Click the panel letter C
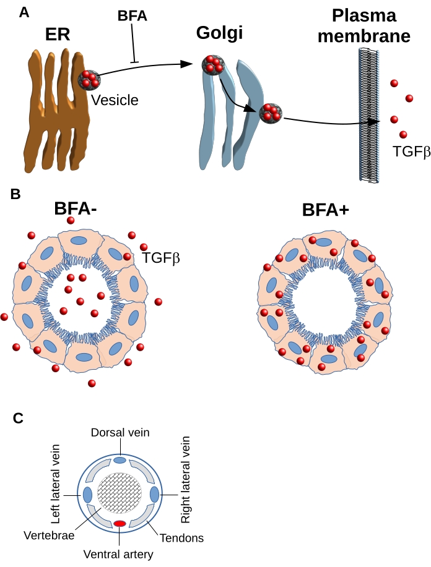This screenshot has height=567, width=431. coord(19,418)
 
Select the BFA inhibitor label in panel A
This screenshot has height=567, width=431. coord(133,16)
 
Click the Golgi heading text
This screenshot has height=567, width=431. coord(219,33)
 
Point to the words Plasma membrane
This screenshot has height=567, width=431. coord(364,26)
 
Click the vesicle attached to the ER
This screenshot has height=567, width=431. coord(90,79)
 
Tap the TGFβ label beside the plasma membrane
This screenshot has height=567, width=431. coord(411,150)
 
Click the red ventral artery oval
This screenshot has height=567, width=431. coord(119,524)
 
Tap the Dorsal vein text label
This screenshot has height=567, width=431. coord(120,432)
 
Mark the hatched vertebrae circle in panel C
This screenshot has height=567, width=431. coord(119,493)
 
